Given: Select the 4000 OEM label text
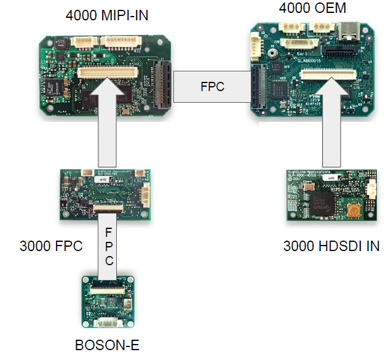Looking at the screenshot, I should [312, 8].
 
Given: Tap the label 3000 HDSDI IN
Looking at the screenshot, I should [331, 247].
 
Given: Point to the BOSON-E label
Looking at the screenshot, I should [107, 345].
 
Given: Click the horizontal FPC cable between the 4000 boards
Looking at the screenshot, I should [212, 87].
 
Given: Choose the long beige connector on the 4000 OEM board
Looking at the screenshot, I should [328, 76].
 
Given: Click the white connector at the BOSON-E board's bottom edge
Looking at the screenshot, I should [108, 322].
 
